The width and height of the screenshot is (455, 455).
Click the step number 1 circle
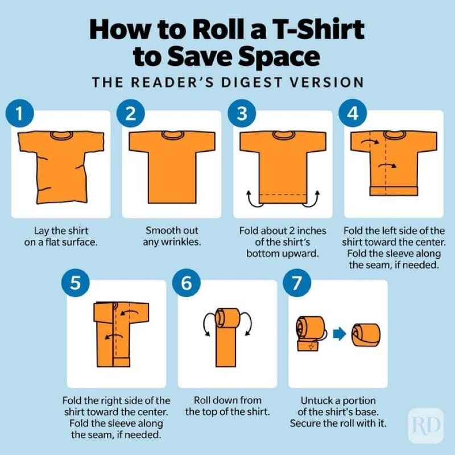click(x=20, y=113)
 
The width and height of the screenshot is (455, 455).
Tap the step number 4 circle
click(x=353, y=113)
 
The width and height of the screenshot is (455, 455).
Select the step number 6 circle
click(x=187, y=283)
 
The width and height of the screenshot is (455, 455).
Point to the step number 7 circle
click(x=297, y=283)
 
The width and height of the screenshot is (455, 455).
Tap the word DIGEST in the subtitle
click(x=251, y=82)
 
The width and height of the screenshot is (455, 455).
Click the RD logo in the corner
click(x=426, y=425)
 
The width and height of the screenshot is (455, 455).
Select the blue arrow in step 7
click(x=339, y=334)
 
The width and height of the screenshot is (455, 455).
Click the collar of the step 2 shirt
click(x=173, y=135)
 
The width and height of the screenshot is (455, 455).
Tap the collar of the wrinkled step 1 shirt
click(x=61, y=135)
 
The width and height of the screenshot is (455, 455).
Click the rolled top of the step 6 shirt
click(x=228, y=318)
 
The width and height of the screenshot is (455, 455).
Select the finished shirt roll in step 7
click(x=366, y=335)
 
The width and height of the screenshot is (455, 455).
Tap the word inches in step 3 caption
click(x=311, y=231)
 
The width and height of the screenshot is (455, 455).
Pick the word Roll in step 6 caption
click(x=201, y=400)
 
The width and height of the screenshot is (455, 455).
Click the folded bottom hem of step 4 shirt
click(x=394, y=191)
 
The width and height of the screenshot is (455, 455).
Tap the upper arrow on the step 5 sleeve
click(x=130, y=312)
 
